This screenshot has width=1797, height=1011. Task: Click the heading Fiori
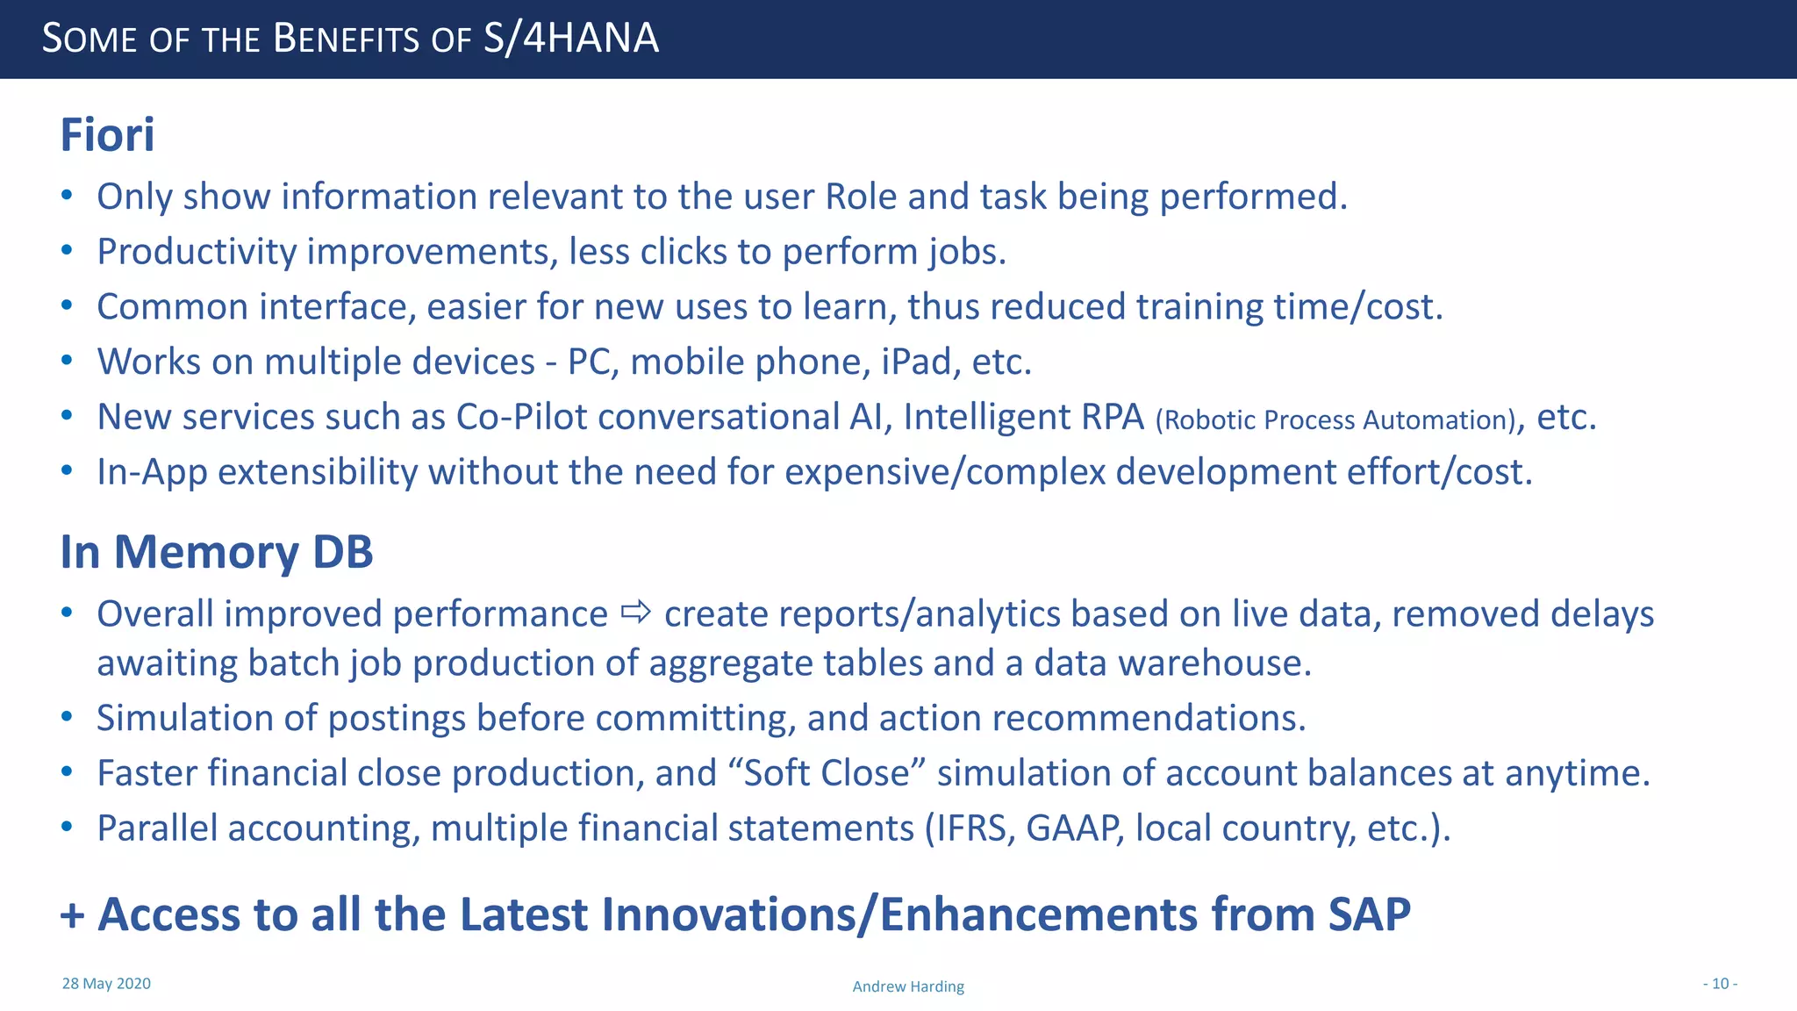[107, 135]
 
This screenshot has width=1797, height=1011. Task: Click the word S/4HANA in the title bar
[570, 39]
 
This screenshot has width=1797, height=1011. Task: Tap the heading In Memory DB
[216, 552]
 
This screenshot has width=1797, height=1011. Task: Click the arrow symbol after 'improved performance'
[636, 612]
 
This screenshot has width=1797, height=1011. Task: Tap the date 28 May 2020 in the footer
[106, 984]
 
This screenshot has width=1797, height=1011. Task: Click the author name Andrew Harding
[908, 986]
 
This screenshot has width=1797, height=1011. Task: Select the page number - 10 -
[1720, 984]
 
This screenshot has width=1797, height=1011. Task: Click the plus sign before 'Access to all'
[72, 916]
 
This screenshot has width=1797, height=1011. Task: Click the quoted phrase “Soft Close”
[827, 773]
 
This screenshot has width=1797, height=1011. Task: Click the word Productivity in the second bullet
[197, 252]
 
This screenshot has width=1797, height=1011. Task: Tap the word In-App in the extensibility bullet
[152, 472]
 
